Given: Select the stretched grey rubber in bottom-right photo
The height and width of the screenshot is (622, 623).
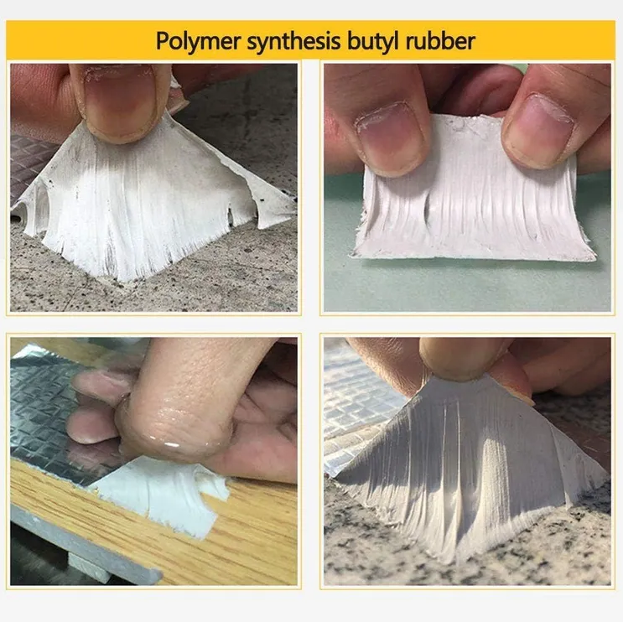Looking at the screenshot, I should pyautogui.click(x=470, y=469).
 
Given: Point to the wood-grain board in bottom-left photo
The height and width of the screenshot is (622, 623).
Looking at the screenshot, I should pyautogui.click(x=243, y=528).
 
